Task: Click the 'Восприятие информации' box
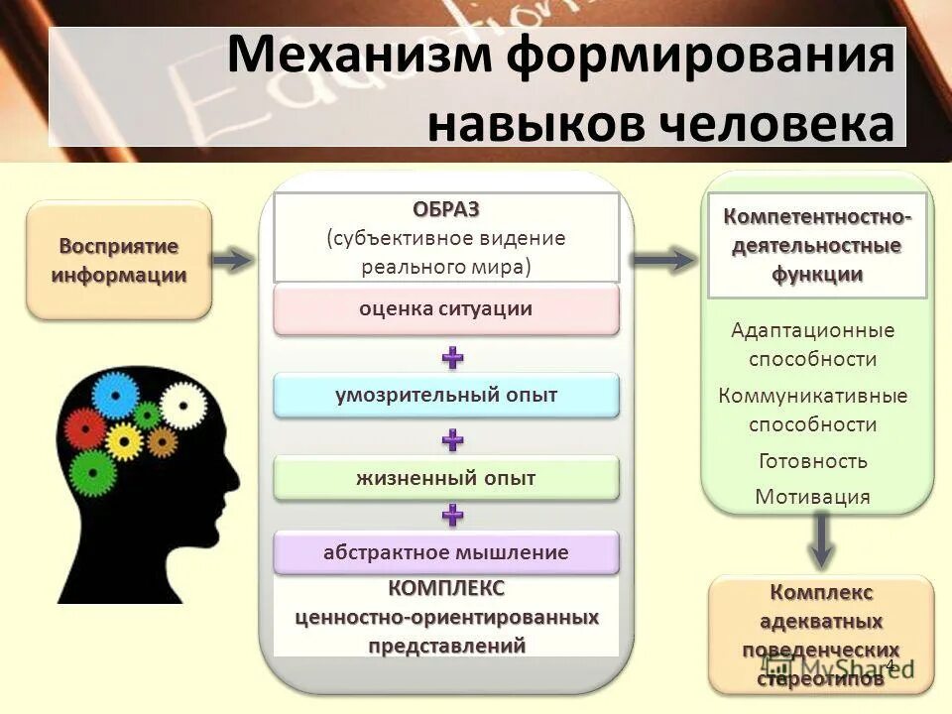(x=118, y=260)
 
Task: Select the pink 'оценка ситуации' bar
(x=445, y=309)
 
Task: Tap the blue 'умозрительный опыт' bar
(x=445, y=395)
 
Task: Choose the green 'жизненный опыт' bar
(x=445, y=478)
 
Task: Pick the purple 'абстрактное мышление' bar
(x=445, y=552)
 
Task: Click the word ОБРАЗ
(x=445, y=209)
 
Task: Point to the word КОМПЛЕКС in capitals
(x=445, y=588)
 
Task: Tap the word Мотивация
(x=812, y=496)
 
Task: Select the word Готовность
(x=812, y=460)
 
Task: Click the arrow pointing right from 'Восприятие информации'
(x=233, y=261)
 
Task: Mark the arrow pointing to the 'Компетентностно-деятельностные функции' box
(x=662, y=261)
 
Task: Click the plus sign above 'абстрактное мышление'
(x=452, y=514)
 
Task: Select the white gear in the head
(x=182, y=405)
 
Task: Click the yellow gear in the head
(x=124, y=439)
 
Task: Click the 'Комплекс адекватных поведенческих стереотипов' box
(x=821, y=635)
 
